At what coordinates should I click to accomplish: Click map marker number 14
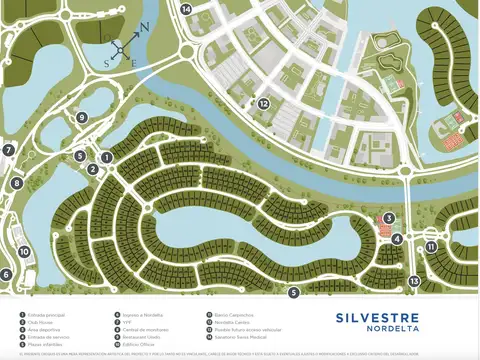(x=186, y=9)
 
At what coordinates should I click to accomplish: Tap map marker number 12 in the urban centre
(x=264, y=103)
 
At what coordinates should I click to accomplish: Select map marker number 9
(x=82, y=117)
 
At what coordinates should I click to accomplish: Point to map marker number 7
(x=7, y=151)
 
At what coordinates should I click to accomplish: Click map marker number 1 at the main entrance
(x=106, y=157)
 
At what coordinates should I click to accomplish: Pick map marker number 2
(x=92, y=169)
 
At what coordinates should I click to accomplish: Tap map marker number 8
(x=17, y=183)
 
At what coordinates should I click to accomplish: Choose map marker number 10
(x=24, y=251)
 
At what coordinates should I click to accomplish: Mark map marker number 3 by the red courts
(x=389, y=218)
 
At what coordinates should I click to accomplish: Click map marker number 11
(x=431, y=246)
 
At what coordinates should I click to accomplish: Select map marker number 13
(x=413, y=282)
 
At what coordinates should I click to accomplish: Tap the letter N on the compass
(x=144, y=28)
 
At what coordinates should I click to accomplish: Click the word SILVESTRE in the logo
(x=384, y=320)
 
